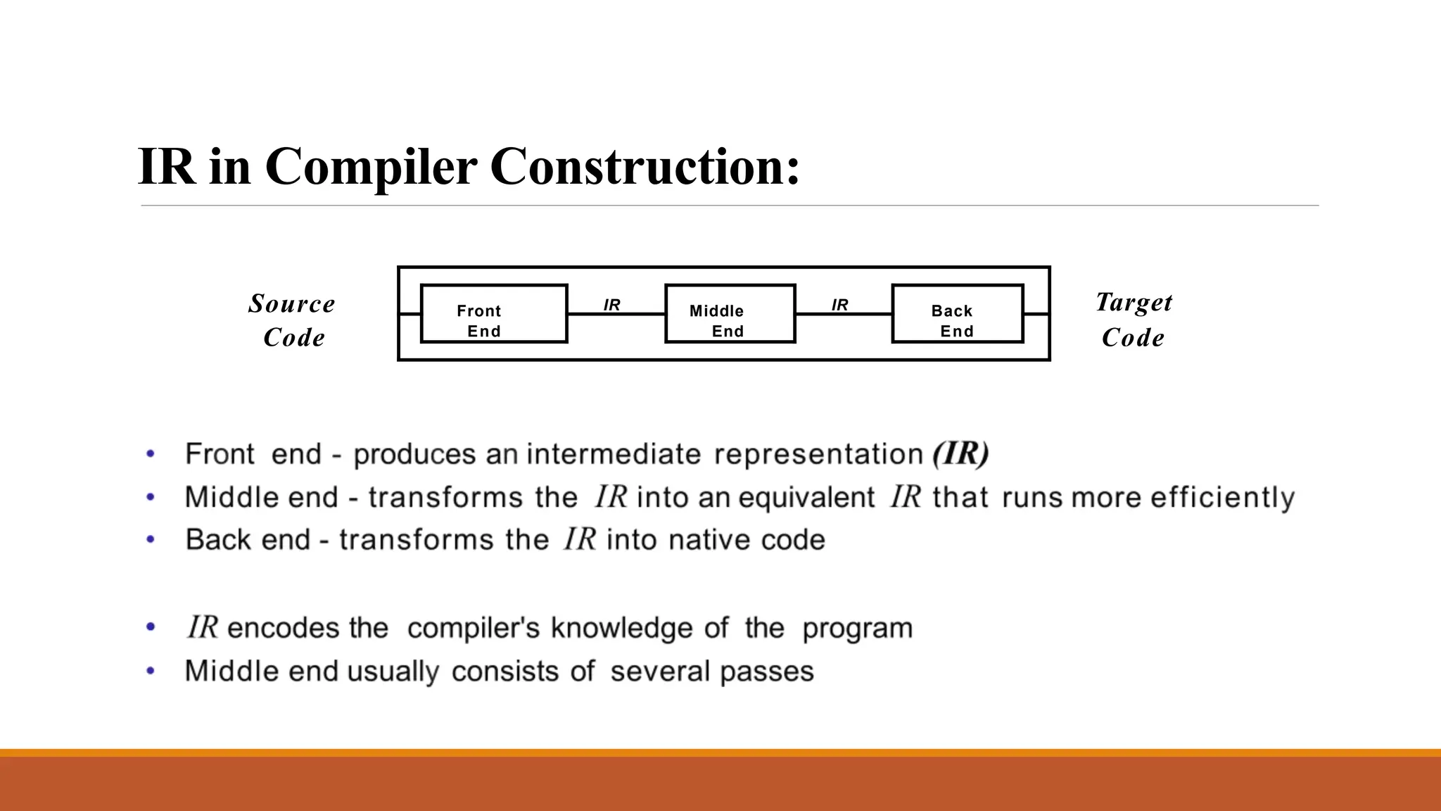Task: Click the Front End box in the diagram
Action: (x=493, y=314)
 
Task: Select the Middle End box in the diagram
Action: (x=730, y=314)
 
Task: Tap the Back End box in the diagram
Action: (x=957, y=314)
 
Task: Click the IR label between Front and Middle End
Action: (x=611, y=305)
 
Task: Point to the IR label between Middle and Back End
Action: (x=839, y=305)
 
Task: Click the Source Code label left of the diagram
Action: (x=292, y=320)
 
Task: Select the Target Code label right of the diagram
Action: (x=1134, y=320)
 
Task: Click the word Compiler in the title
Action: (x=371, y=167)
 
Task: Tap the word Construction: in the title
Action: (x=645, y=167)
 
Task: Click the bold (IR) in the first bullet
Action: (x=960, y=453)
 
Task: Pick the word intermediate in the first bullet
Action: (x=614, y=454)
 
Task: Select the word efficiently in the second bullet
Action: (x=1222, y=498)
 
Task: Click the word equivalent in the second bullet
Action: (x=806, y=498)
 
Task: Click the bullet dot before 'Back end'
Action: (x=150, y=540)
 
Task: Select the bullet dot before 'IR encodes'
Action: (x=150, y=627)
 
